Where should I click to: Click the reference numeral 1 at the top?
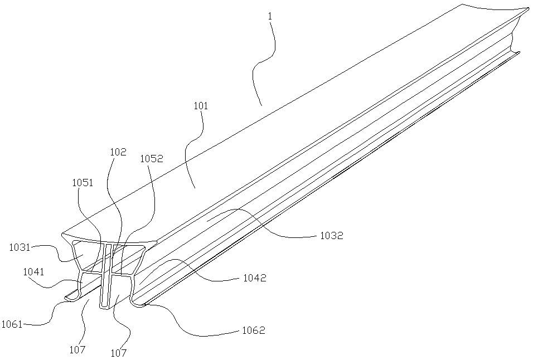point(270,17)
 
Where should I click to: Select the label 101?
point(201,106)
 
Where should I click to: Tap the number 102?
point(118,152)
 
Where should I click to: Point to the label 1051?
point(83,182)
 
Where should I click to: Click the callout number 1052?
point(151,159)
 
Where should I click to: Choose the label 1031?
point(20,247)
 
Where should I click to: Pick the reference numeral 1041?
point(33,272)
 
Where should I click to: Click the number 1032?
point(331,236)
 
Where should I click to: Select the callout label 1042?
point(254,278)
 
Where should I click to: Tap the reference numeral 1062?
point(253,331)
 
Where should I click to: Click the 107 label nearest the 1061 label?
point(77,349)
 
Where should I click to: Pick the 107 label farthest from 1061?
point(119,353)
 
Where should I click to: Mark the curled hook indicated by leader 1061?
point(69,298)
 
